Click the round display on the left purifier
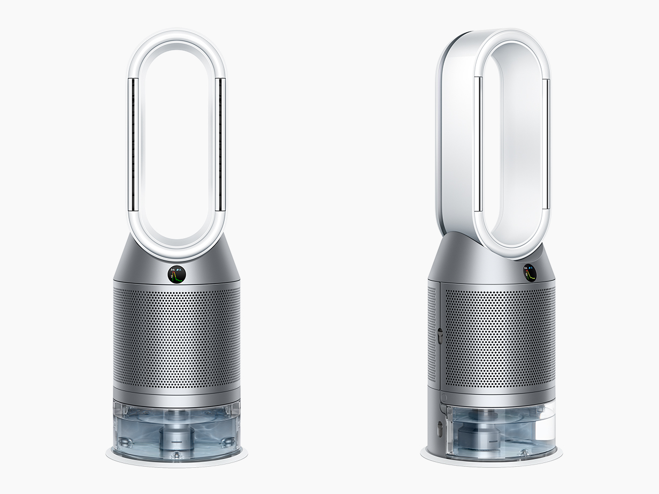(177, 274)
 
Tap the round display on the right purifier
(530, 272)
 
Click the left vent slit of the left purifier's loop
(132, 145)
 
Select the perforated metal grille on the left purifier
(177, 337)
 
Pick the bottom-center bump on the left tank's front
(177, 455)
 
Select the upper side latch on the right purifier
(440, 336)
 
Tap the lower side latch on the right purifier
(440, 428)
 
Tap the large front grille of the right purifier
(500, 337)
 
